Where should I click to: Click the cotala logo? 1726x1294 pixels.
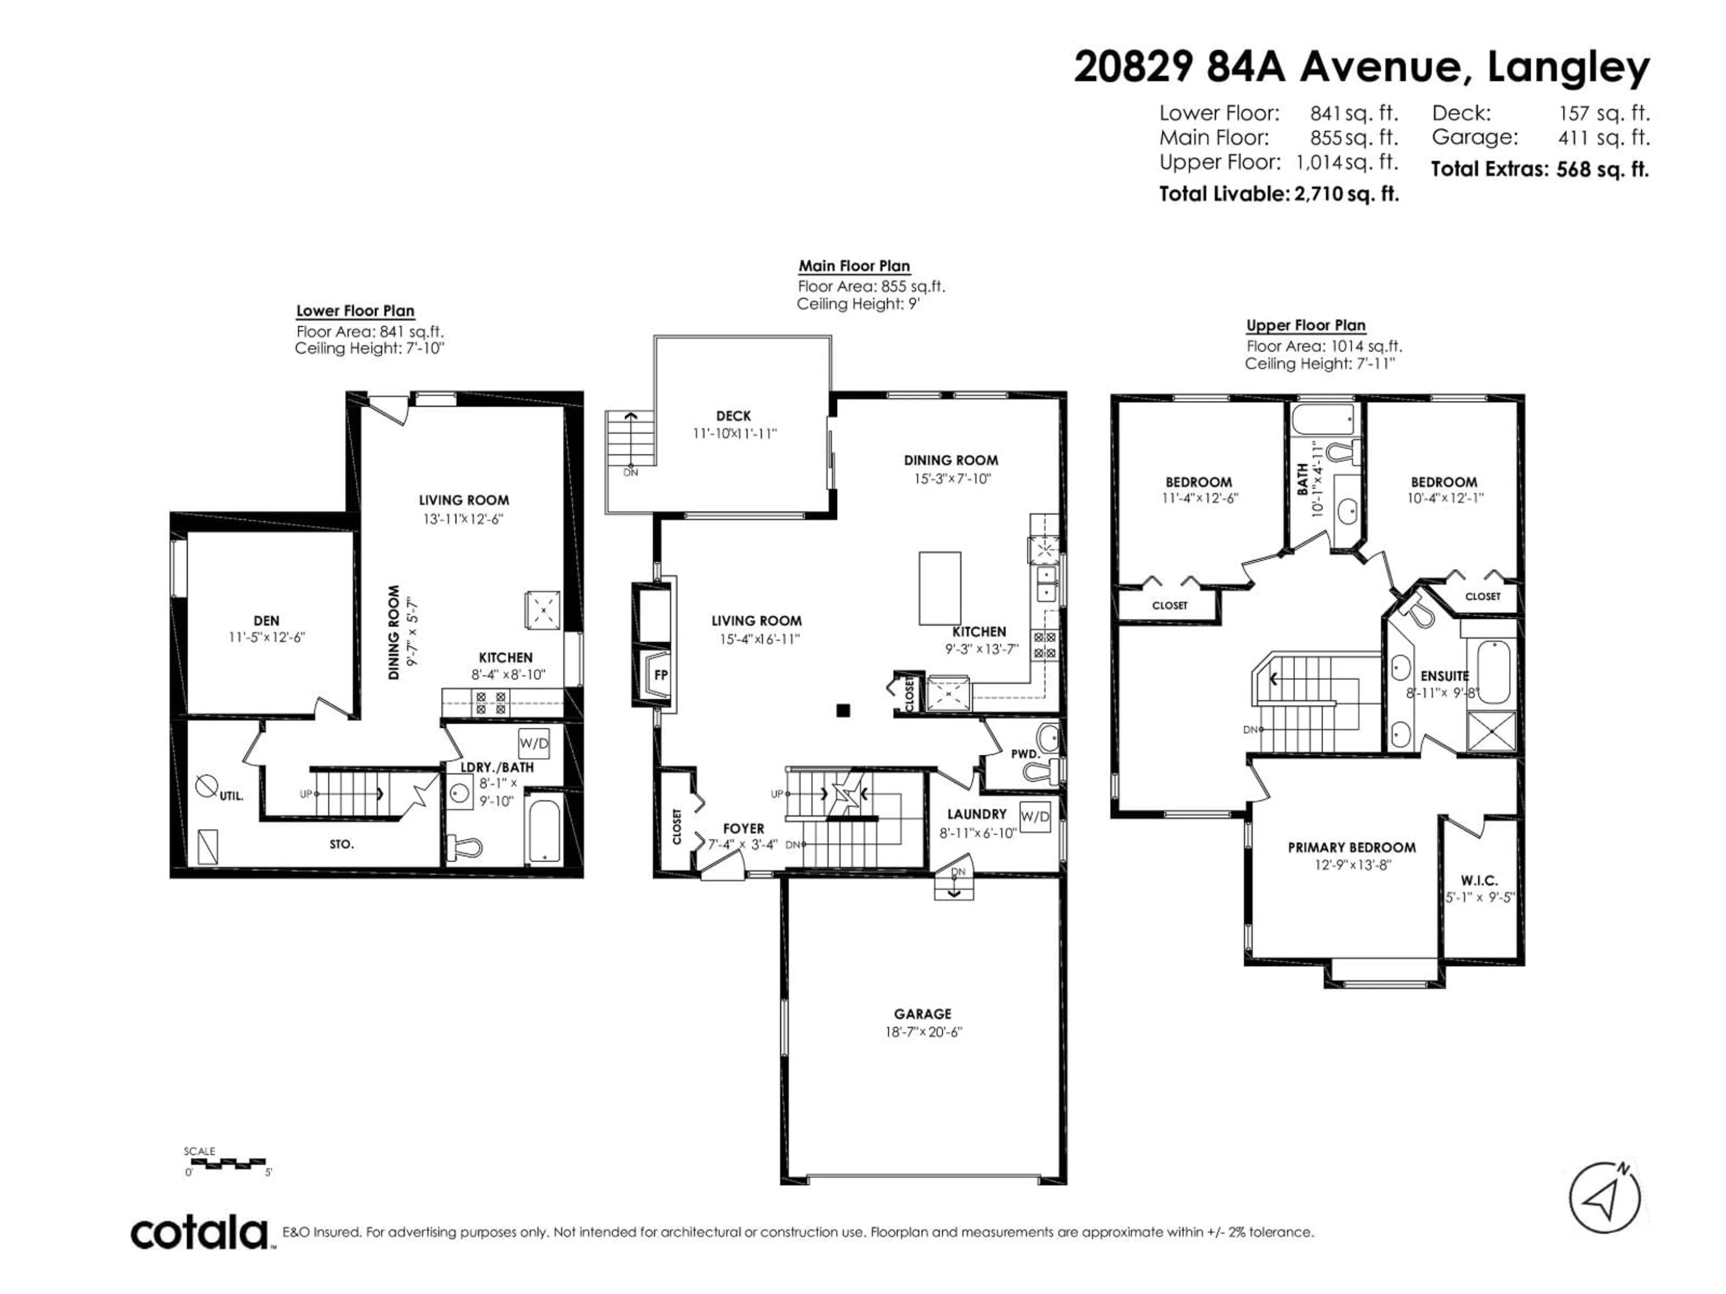tap(199, 1234)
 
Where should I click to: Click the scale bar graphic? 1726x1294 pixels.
tap(228, 1162)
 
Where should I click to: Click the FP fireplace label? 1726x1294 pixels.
tap(661, 675)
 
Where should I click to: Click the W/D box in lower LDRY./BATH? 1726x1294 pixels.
tap(534, 743)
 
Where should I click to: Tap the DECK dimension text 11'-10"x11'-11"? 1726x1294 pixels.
tap(734, 434)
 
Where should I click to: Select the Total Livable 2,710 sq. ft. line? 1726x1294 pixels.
tap(1278, 194)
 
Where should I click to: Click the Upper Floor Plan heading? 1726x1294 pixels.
tap(1305, 325)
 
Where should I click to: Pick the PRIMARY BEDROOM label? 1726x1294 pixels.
tap(1352, 847)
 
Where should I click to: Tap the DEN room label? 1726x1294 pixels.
tap(266, 621)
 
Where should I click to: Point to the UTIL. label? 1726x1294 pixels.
tap(231, 796)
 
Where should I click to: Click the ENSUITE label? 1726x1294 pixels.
tap(1444, 676)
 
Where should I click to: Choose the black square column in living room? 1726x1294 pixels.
tap(843, 710)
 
